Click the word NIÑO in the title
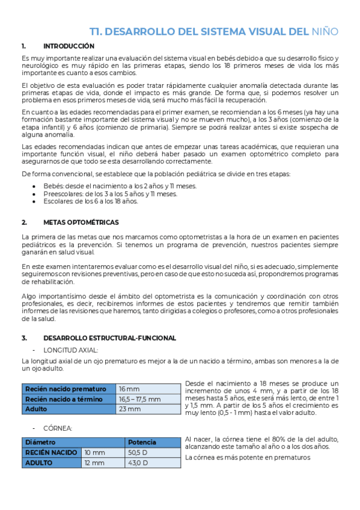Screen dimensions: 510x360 tap(325, 31)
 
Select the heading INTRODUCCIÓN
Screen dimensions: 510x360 tap(69, 46)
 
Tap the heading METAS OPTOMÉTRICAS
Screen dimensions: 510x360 tap(81, 222)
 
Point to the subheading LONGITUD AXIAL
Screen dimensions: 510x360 tap(70, 349)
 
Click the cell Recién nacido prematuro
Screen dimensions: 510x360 tap(66, 389)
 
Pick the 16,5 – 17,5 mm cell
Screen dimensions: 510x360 tap(139, 399)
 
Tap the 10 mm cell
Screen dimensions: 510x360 tap(94, 452)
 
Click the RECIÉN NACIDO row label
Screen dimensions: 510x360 tap(51, 452)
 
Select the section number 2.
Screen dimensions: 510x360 tap(23, 222)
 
